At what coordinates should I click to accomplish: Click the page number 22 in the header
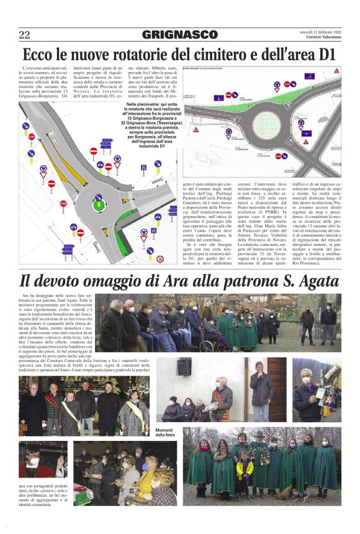(x=24, y=35)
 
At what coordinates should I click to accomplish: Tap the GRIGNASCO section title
(x=179, y=35)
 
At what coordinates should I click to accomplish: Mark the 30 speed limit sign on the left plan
(x=160, y=259)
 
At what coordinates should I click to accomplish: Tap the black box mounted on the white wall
(x=201, y=368)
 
